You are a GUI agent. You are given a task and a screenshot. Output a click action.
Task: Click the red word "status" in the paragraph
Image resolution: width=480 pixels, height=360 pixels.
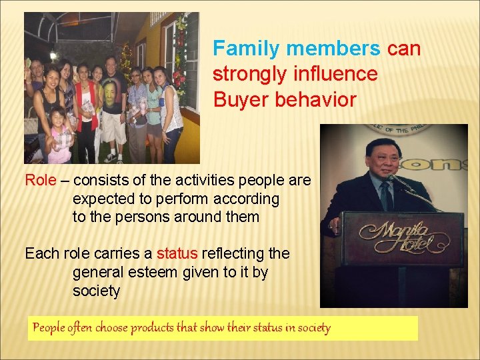tap(177, 253)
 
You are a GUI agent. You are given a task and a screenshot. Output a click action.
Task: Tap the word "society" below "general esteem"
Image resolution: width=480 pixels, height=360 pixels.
tap(96, 291)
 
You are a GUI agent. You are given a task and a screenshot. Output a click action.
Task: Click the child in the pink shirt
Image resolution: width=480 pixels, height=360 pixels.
tap(60, 137)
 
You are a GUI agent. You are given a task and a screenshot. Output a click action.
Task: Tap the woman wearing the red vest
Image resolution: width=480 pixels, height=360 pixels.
tap(86, 107)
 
